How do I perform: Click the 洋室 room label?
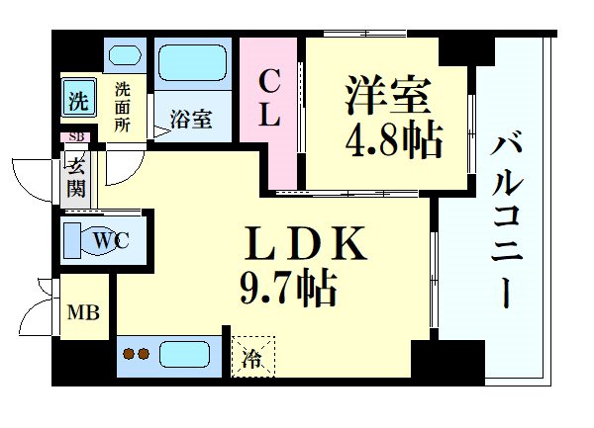[389, 95]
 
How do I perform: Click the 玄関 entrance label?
[76, 174]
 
